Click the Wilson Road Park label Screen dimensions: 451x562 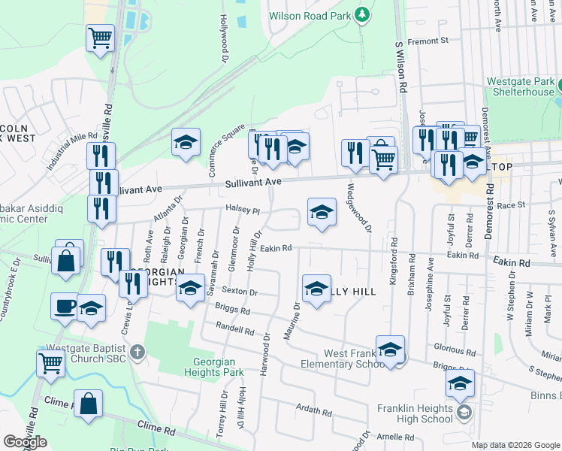click(x=312, y=14)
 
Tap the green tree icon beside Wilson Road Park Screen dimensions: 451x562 click(x=362, y=14)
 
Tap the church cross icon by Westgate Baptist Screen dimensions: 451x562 click(x=137, y=352)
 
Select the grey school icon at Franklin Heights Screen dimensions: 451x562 click(x=464, y=412)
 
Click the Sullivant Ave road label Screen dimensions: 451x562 click(x=252, y=182)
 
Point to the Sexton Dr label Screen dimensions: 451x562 click(x=241, y=292)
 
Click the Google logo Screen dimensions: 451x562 click(x=25, y=441)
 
